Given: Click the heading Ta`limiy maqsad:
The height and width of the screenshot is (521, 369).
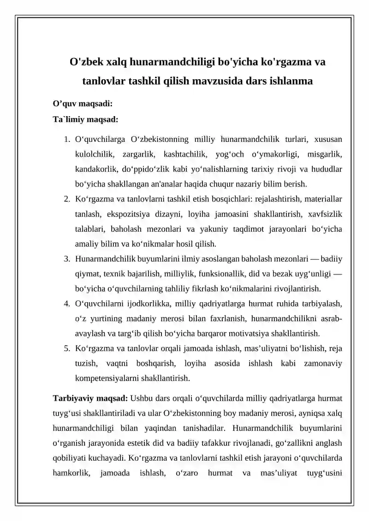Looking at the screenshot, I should coord(86,119).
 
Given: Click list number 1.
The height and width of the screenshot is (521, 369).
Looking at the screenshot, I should coord(67,139).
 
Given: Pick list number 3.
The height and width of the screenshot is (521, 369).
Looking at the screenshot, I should coord(67,259).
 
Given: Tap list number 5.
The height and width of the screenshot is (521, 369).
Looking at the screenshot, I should coord(67,349).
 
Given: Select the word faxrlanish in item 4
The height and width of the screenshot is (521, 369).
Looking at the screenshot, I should coord(205,319).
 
